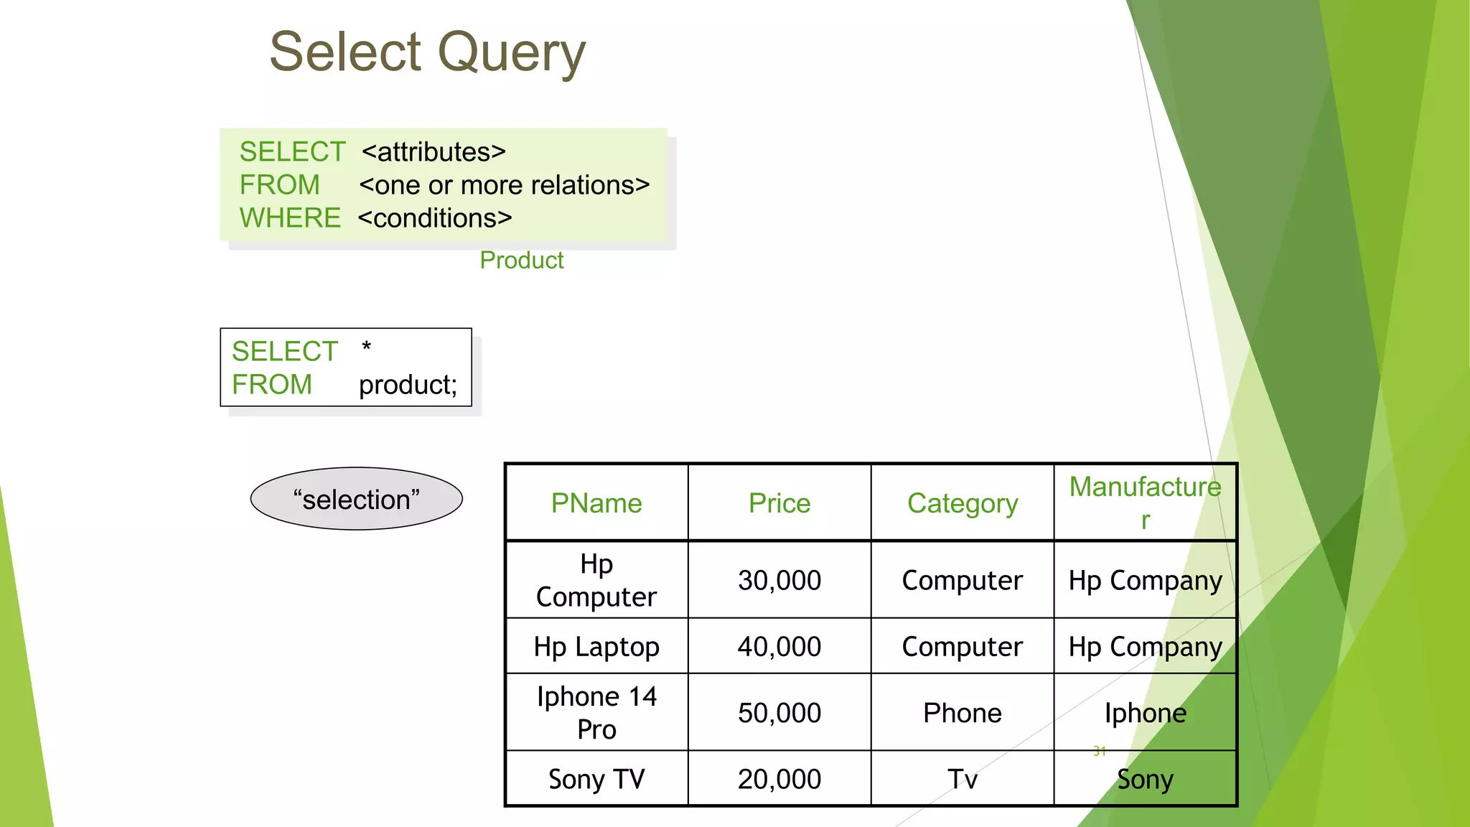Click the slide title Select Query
pos(427,52)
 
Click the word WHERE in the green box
pos(290,218)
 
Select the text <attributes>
pos(434,152)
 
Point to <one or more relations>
pos(504,185)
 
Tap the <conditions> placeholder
pos(435,218)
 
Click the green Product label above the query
pos(521,260)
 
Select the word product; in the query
pos(407,385)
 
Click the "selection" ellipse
pos(356,499)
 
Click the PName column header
pos(596,503)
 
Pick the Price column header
pos(780,503)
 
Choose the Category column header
pos(962,503)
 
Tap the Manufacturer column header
pos(1145,502)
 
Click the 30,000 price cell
pos(780,580)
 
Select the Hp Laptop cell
pos(596,647)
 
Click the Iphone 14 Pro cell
pos(596,713)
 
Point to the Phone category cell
pos(962,713)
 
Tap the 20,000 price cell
pos(780,779)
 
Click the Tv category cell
pos(962,779)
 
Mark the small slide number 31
pos(1099,751)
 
